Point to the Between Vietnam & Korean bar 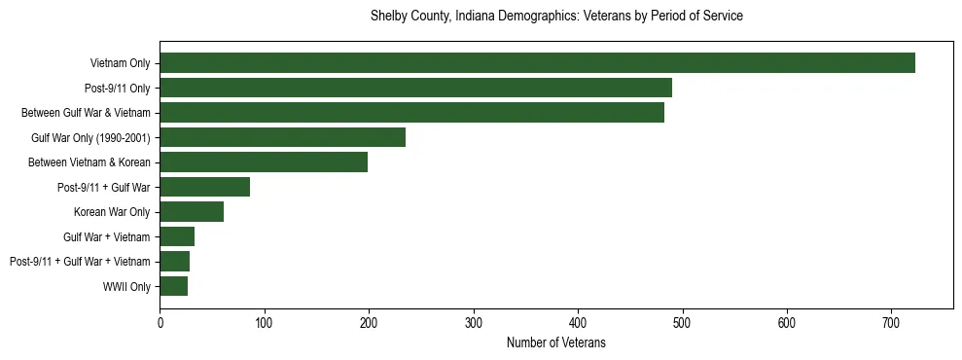tap(264, 162)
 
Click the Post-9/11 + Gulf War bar tap(204, 187)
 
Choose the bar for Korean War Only tap(192, 212)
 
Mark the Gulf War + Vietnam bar tap(177, 236)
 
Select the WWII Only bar tap(173, 286)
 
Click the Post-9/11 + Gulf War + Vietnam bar tap(174, 262)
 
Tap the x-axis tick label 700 tap(891, 322)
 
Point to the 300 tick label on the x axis tap(473, 322)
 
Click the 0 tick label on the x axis tap(160, 322)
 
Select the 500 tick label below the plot tap(682, 322)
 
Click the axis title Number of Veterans tap(556, 342)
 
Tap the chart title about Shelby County tap(556, 17)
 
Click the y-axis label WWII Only tap(126, 286)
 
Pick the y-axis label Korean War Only tap(112, 212)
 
